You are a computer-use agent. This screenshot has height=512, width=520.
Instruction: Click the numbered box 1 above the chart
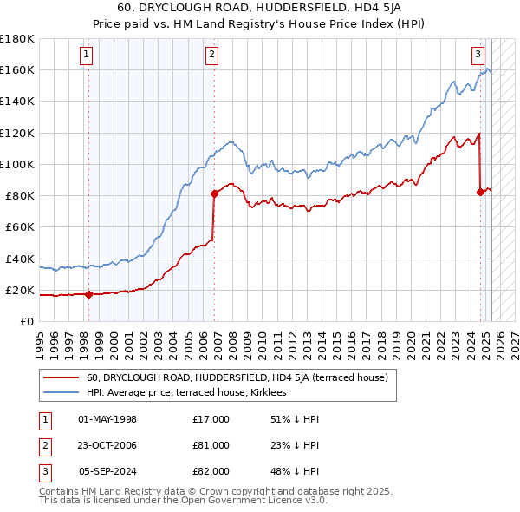coord(88,55)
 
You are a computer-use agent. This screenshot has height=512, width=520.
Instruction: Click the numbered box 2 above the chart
coord(211,55)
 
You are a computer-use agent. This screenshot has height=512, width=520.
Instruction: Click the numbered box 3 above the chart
coord(478,55)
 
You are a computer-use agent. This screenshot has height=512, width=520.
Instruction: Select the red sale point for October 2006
coord(215,194)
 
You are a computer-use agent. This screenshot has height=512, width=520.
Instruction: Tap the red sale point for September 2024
coord(481,192)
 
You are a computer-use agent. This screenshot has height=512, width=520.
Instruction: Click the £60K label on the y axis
coord(19,226)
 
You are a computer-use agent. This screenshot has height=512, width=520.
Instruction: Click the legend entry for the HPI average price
coord(192,392)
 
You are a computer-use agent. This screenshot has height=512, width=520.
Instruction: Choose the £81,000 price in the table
coord(211,445)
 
